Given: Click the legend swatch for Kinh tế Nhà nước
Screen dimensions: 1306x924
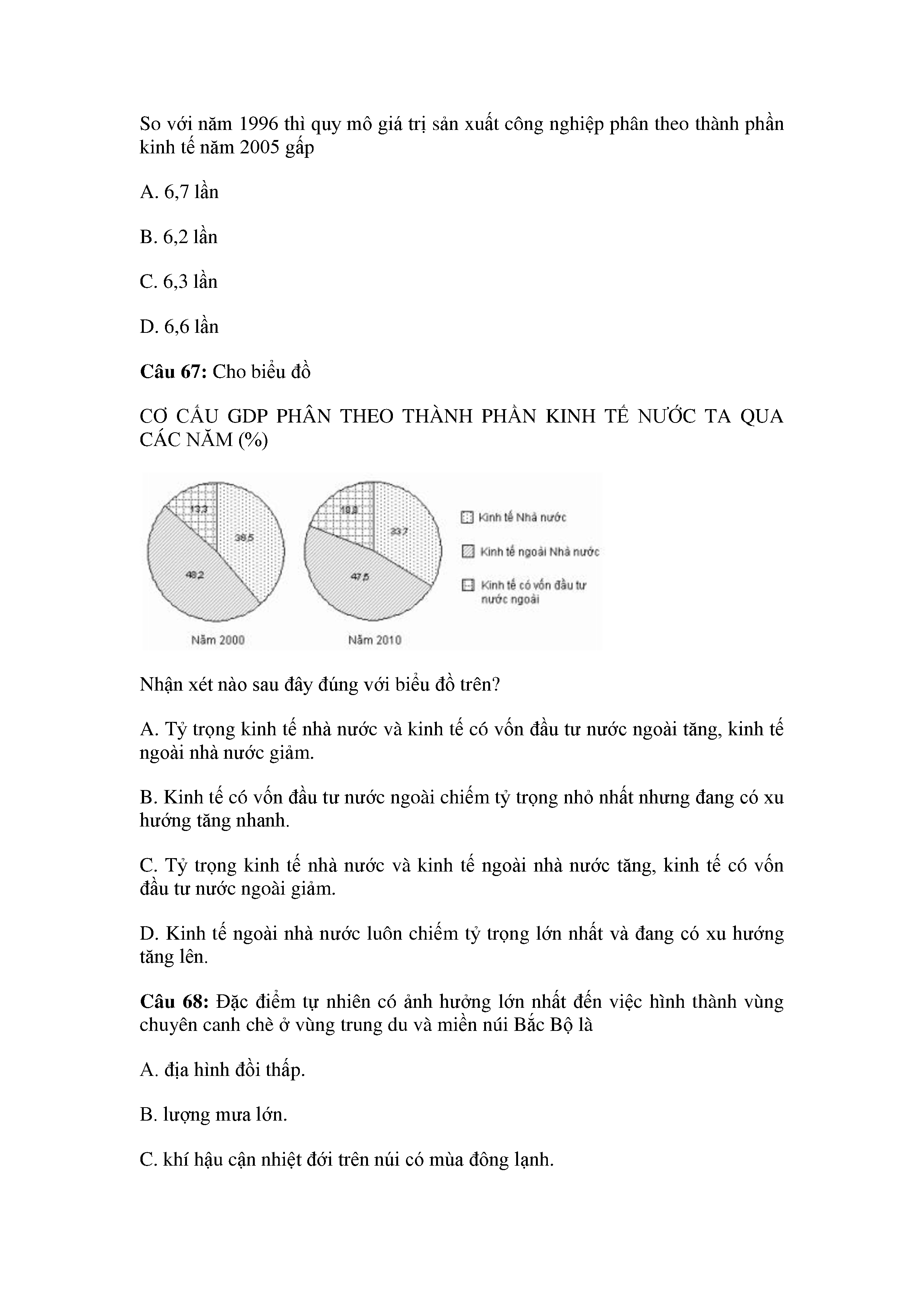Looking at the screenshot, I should [x=467, y=517].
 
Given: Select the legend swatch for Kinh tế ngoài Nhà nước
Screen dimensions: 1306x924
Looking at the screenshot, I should [x=468, y=552].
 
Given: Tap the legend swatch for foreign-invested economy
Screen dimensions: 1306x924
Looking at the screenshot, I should [x=468, y=585].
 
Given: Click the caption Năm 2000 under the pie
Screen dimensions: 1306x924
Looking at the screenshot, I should [x=217, y=640].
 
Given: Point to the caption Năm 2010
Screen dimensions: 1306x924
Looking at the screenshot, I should [x=374, y=640].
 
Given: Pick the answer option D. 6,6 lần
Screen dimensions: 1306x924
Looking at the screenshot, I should [x=179, y=327].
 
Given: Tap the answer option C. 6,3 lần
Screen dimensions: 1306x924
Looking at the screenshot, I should [x=179, y=282].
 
